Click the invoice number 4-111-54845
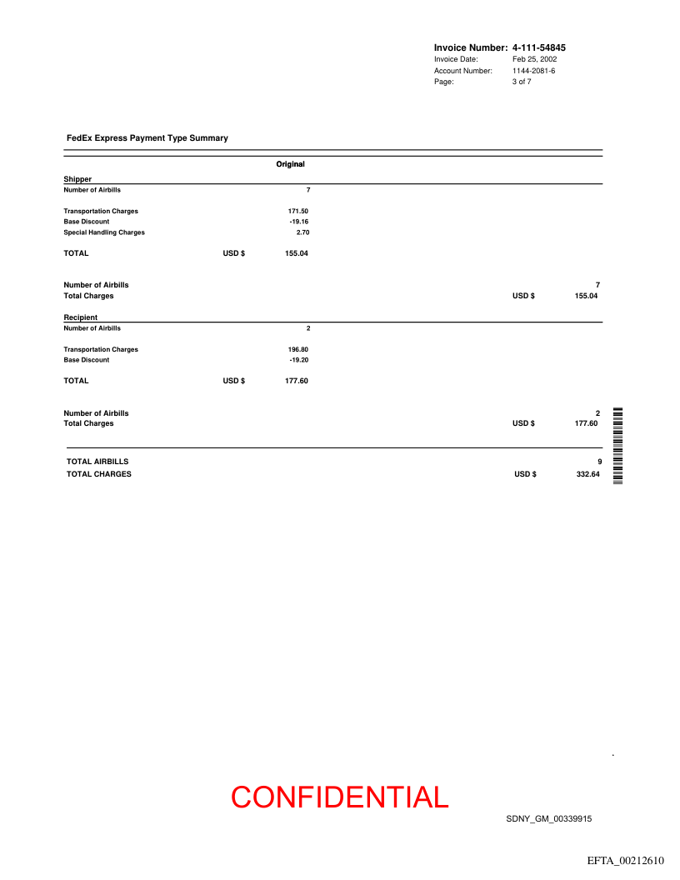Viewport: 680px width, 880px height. point(544,48)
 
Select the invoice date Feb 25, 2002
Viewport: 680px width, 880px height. point(534,60)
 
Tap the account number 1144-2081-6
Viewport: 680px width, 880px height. point(533,71)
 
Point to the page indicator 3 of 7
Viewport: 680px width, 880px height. point(522,82)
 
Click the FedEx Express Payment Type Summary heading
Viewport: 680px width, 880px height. point(147,138)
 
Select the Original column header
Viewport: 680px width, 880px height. point(290,164)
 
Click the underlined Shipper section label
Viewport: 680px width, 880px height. point(77,179)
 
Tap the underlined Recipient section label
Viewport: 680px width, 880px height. point(81,317)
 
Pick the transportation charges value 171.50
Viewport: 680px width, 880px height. point(298,212)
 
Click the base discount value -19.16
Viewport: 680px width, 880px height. point(298,222)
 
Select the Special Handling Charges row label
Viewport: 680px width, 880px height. point(104,232)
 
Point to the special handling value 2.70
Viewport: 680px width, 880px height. point(302,232)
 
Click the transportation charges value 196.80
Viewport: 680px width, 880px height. point(298,350)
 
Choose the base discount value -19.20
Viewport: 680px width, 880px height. point(298,360)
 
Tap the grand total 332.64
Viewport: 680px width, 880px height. point(587,475)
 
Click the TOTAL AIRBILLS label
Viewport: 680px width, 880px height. point(97,462)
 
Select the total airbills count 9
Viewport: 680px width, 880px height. point(599,462)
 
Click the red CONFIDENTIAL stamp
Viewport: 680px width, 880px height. point(340,797)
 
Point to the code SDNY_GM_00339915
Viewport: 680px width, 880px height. point(548,819)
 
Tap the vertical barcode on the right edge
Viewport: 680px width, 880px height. point(618,446)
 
